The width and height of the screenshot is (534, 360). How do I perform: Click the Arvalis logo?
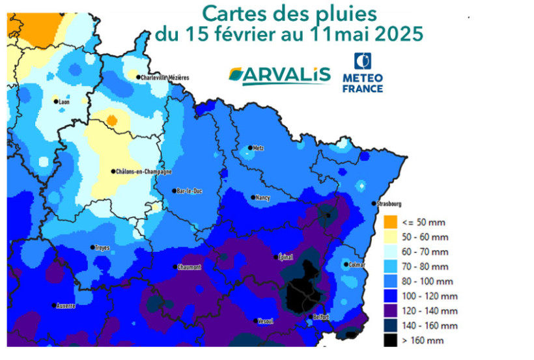[279, 76]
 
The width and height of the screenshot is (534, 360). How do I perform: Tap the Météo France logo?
[363, 73]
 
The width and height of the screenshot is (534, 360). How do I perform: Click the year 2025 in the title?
[399, 33]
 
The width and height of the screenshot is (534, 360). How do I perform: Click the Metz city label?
[259, 148]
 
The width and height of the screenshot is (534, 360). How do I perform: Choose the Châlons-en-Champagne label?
[143, 172]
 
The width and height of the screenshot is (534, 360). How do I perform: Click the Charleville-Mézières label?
[165, 77]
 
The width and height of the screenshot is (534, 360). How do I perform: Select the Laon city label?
[64, 102]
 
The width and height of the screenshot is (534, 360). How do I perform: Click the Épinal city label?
[285, 256]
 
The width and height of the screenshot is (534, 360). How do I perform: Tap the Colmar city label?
[357, 265]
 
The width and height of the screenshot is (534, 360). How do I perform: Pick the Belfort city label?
[320, 317]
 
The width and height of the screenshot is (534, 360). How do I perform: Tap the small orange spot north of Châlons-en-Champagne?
[111, 120]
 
